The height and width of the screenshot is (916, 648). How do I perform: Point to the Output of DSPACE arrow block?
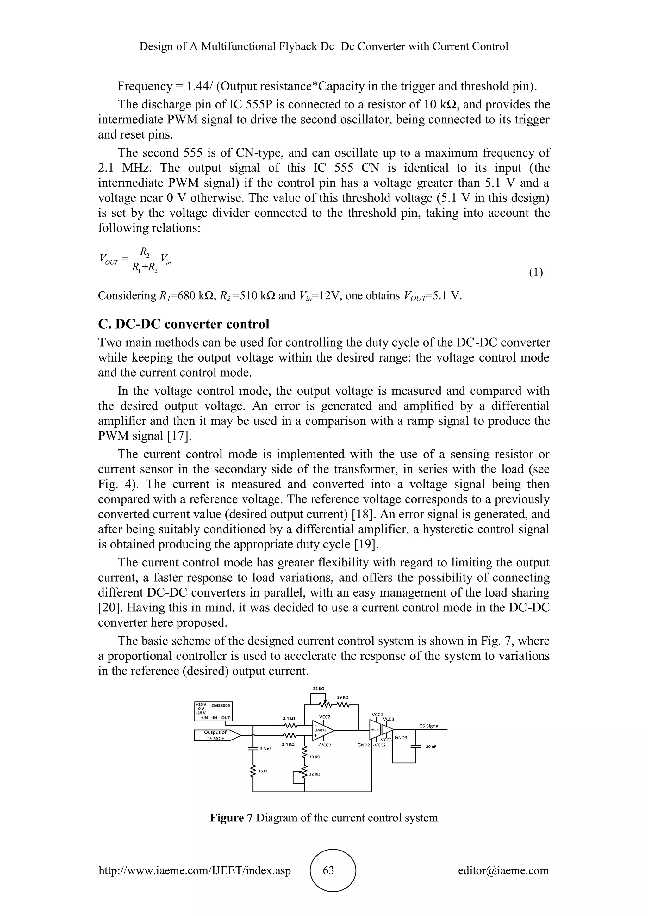click(217, 735)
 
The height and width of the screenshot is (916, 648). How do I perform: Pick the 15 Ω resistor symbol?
click(252, 771)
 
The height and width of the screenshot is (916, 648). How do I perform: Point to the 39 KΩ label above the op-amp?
click(343, 697)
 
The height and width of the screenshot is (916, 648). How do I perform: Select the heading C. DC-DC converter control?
click(184, 324)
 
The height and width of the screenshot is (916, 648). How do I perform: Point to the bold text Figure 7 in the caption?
click(231, 818)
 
